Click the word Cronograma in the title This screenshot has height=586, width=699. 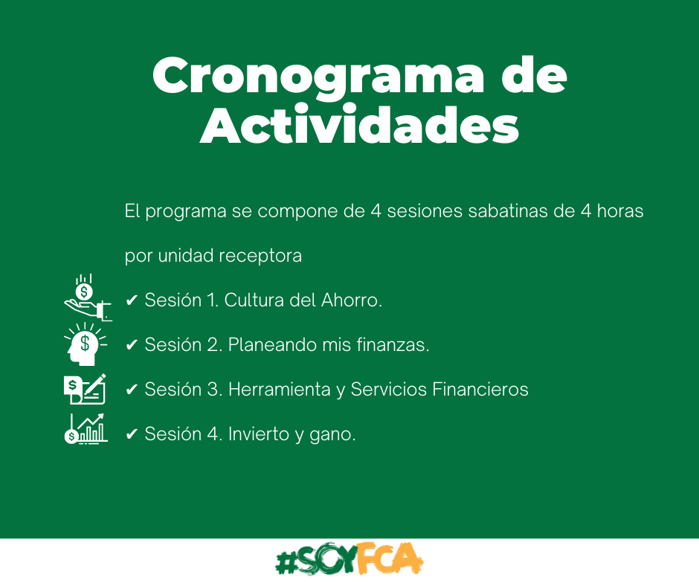tap(318, 77)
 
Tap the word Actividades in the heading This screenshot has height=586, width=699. tap(359, 125)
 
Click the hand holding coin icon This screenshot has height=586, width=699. tap(88, 297)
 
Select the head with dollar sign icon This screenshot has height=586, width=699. tap(86, 344)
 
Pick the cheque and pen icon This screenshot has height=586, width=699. tap(85, 389)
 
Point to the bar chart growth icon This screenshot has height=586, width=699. tap(86, 428)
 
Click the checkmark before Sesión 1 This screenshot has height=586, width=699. tap(131, 300)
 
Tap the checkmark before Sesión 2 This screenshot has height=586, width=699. tap(131, 345)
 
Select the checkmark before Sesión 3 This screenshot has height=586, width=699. tap(131, 390)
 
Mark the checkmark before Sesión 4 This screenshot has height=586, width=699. tap(131, 434)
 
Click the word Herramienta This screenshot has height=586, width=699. tap(280, 390)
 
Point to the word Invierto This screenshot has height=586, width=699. tap(259, 434)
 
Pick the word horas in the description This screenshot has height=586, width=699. tap(620, 211)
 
